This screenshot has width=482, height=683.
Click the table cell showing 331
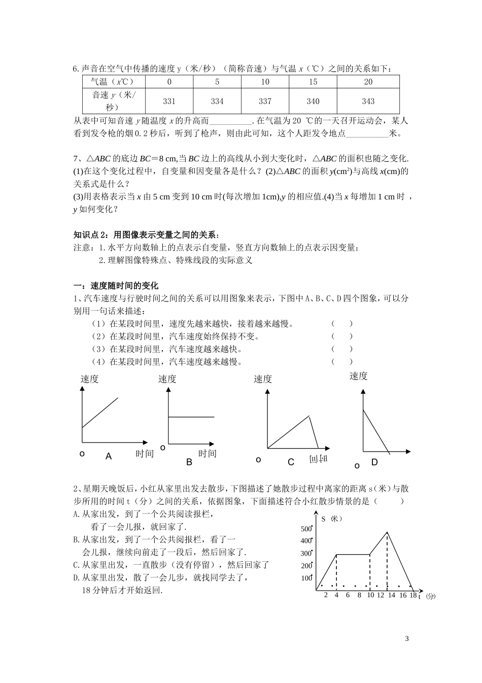pyautogui.click(x=169, y=101)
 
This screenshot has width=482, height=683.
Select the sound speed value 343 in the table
pyautogui.click(x=368, y=101)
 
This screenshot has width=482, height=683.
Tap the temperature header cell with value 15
pyautogui.click(x=313, y=82)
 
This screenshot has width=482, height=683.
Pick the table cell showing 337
pyautogui.click(x=265, y=101)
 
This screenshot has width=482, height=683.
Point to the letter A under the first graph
pyautogui.click(x=109, y=457)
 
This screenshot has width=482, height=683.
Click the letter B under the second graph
pyautogui.click(x=189, y=462)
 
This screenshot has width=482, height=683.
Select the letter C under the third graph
pyautogui.click(x=291, y=462)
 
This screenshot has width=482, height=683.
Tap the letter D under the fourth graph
pyautogui.click(x=374, y=462)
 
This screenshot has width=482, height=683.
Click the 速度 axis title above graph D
pyautogui.click(x=359, y=376)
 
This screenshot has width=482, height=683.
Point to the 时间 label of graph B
pyautogui.click(x=207, y=454)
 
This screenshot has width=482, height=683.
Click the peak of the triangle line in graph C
pyautogui.click(x=309, y=417)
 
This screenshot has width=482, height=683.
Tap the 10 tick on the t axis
pyautogui.click(x=370, y=595)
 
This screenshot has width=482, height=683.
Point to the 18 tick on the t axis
pyautogui.click(x=413, y=595)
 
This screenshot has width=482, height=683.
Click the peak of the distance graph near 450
pyautogui.click(x=387, y=532)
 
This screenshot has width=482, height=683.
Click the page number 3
pyautogui.click(x=407, y=638)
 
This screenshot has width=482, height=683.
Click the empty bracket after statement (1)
pyautogui.click(x=342, y=323)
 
